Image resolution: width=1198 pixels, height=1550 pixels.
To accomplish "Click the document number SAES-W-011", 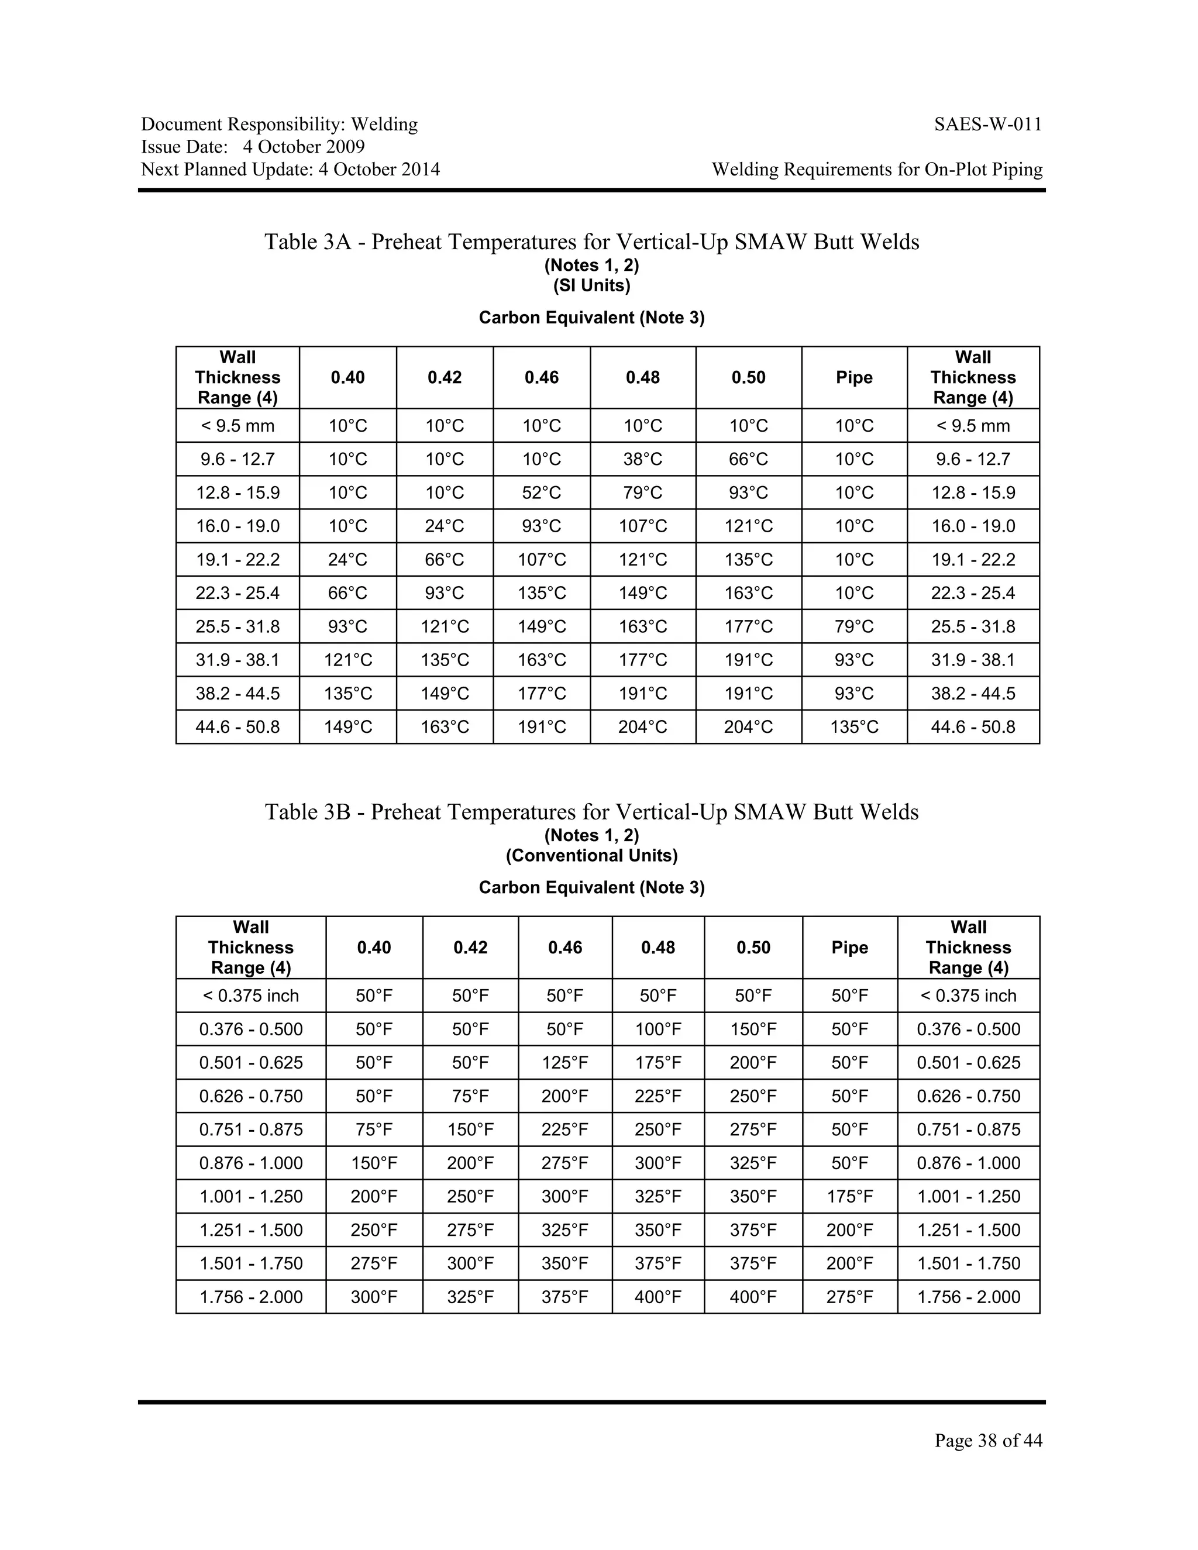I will pyautogui.click(x=988, y=125).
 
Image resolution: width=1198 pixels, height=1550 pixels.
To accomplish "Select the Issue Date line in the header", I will pyautogui.click(x=253, y=147).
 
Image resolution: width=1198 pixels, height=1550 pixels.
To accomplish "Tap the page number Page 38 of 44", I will pyautogui.click(x=988, y=1440).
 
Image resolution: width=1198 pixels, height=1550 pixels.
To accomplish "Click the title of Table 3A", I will pyautogui.click(x=592, y=242).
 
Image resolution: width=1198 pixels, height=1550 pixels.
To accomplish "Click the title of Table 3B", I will pyautogui.click(x=592, y=812).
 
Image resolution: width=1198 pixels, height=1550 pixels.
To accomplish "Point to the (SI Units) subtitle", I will pyautogui.click(x=592, y=286).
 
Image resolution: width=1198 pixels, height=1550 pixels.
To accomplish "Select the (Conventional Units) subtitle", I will pyautogui.click(x=592, y=856).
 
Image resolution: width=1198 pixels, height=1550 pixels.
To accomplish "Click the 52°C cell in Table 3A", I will pyautogui.click(x=542, y=492).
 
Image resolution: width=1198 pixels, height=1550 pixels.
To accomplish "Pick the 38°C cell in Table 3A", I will pyautogui.click(x=643, y=459).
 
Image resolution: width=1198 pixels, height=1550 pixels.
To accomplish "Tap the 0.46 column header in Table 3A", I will pyautogui.click(x=542, y=378).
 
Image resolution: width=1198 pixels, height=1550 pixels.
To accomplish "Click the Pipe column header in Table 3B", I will pyautogui.click(x=849, y=948).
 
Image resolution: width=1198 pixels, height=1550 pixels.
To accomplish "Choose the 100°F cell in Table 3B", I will pyautogui.click(x=658, y=1029).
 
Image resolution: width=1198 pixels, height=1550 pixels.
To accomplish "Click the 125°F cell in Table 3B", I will pyautogui.click(x=565, y=1062).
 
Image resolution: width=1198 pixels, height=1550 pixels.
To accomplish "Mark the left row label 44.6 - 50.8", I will pyautogui.click(x=237, y=726).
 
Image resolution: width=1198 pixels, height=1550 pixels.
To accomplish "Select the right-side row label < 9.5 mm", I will pyautogui.click(x=973, y=426).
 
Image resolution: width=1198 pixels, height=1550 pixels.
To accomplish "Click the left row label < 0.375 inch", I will pyautogui.click(x=250, y=996).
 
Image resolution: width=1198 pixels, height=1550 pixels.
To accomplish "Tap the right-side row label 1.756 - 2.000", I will pyautogui.click(x=968, y=1297).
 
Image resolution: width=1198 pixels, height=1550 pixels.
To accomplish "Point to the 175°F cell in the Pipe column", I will pyautogui.click(x=849, y=1197).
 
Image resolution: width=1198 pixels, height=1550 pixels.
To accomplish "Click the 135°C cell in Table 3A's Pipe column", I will pyautogui.click(x=854, y=726).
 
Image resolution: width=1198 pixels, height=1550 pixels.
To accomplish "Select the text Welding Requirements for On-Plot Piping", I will pyautogui.click(x=877, y=170).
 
